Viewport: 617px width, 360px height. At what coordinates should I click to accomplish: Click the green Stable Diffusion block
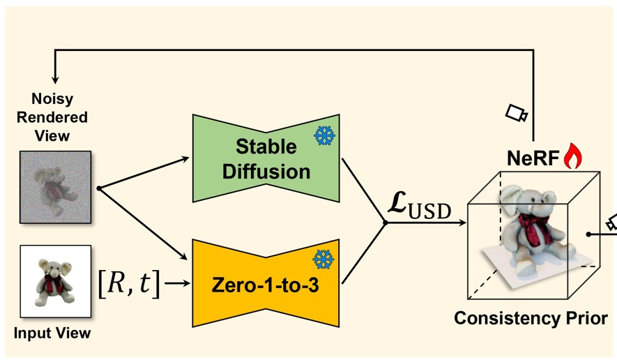(265, 158)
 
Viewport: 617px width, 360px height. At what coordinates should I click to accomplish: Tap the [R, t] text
(130, 284)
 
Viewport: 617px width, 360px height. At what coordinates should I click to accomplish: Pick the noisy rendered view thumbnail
(56, 188)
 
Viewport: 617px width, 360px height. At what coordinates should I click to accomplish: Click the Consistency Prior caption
(531, 319)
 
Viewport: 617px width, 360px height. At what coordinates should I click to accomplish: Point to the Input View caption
(52, 333)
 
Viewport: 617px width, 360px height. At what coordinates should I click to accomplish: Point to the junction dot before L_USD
(385, 223)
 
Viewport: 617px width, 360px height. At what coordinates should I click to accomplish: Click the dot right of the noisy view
(99, 188)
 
